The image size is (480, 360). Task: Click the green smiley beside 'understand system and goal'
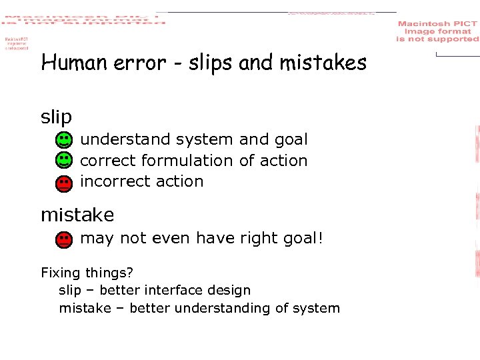pos(63,140)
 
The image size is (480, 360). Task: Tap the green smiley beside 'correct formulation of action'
pos(63,161)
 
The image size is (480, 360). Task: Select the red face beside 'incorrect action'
pos(63,183)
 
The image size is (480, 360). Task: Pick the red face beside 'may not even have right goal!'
pos(63,239)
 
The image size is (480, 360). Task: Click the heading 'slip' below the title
pos(56,118)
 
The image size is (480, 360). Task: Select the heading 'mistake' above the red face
pos(77,215)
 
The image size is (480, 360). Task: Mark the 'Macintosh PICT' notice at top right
pos(437,31)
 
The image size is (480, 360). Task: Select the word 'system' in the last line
pos(317,309)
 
